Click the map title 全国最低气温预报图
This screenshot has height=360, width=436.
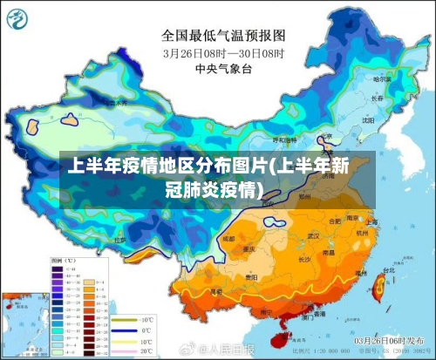(224, 37)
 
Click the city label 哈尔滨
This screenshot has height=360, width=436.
(381, 79)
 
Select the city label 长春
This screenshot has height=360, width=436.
(376, 98)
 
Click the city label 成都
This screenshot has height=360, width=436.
(228, 237)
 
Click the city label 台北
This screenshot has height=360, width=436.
(385, 271)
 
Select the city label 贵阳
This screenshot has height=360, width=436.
(252, 277)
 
